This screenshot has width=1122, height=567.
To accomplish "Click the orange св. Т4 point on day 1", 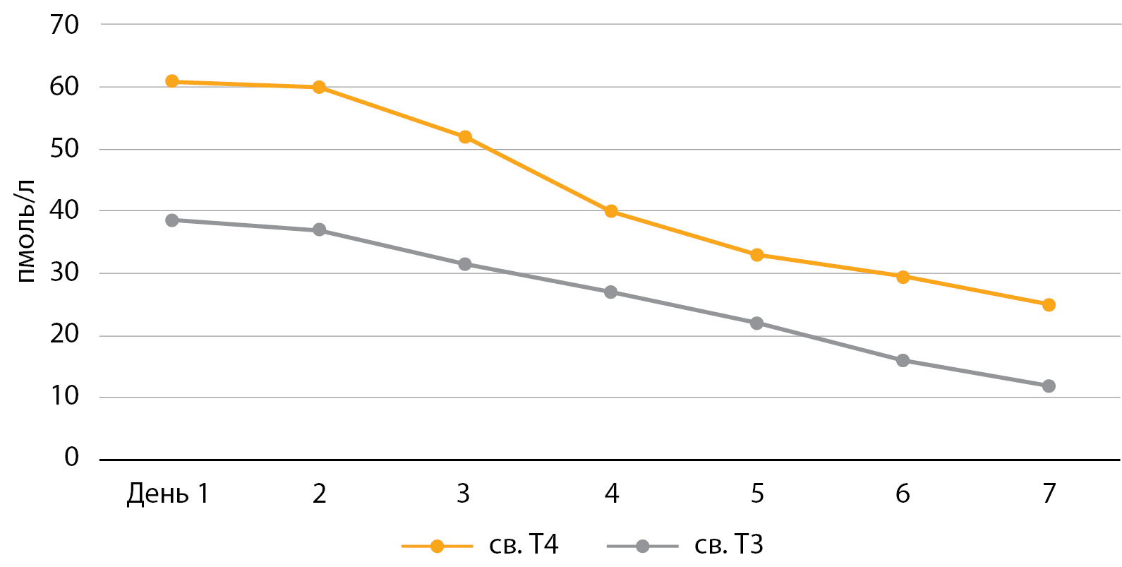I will pyautogui.click(x=172, y=82).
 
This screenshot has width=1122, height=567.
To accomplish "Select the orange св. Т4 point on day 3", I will pyautogui.click(x=465, y=137).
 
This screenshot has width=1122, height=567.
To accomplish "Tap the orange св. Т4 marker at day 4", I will pyautogui.click(x=611, y=211).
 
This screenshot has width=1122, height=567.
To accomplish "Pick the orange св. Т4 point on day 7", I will pyautogui.click(x=1049, y=305).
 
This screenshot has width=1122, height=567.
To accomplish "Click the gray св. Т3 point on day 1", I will pyautogui.click(x=172, y=220).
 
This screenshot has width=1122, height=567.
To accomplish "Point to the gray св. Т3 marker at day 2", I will pyautogui.click(x=319, y=230).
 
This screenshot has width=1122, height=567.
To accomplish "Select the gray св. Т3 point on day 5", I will pyautogui.click(x=757, y=323).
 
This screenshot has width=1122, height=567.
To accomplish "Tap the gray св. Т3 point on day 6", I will pyautogui.click(x=903, y=361).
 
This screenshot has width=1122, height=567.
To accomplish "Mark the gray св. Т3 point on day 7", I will pyautogui.click(x=1049, y=386).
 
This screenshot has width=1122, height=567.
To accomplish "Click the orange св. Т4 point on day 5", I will pyautogui.click(x=757, y=255).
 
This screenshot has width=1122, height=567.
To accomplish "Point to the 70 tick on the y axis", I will pyautogui.click(x=64, y=25).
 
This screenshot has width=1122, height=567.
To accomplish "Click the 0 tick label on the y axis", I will pyautogui.click(x=71, y=458).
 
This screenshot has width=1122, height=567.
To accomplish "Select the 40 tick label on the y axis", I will pyautogui.click(x=64, y=210).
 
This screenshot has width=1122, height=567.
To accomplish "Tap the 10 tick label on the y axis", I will pyautogui.click(x=64, y=396).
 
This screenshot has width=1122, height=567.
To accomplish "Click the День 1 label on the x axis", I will pyautogui.click(x=168, y=494).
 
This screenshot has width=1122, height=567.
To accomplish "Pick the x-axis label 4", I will pyautogui.click(x=612, y=494).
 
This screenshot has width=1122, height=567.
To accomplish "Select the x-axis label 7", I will pyautogui.click(x=1049, y=494).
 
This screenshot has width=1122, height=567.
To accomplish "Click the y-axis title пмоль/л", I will pyautogui.click(x=25, y=231).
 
